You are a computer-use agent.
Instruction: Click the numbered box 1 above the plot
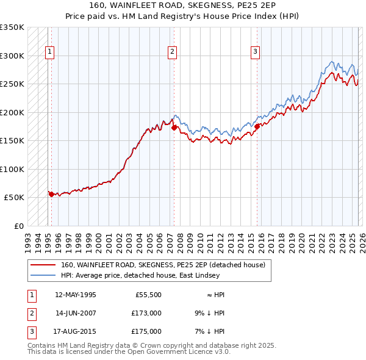[49, 52]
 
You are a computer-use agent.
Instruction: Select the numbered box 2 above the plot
[173, 52]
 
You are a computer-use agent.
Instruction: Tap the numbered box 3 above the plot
[255, 52]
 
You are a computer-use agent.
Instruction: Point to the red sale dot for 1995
[51, 194]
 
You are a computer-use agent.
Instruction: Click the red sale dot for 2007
[174, 128]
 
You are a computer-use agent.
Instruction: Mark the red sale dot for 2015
[257, 126]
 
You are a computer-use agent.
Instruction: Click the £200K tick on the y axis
[12, 112]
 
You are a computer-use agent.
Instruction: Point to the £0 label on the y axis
[18, 226]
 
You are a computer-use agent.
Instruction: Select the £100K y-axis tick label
[12, 169]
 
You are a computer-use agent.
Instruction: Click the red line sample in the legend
[43, 265]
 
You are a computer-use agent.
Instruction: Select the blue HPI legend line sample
[43, 275]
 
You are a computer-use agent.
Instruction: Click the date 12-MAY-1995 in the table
[75, 294]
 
